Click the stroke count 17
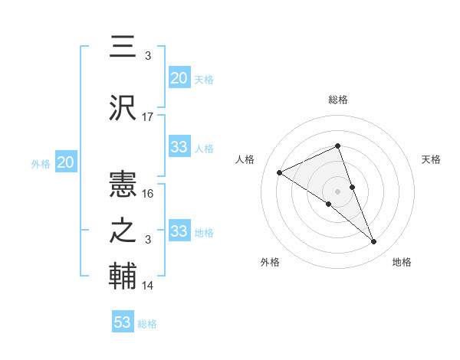(148, 117)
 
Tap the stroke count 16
(148, 194)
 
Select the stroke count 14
(148, 286)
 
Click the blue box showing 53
(123, 322)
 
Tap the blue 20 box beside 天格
(179, 77)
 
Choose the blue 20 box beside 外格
(66, 162)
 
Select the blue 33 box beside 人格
(179, 147)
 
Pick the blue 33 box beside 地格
(179, 231)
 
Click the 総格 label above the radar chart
(338, 100)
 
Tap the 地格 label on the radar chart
(402, 262)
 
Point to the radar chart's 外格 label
(270, 262)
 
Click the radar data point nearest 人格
(280, 172)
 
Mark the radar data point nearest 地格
(374, 242)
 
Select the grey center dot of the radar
(337, 191)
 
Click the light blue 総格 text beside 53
(147, 324)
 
